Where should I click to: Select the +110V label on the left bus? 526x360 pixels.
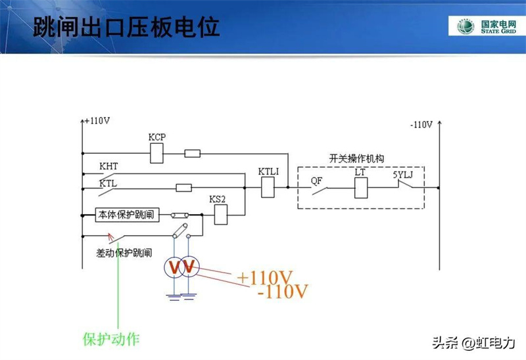point(97,121)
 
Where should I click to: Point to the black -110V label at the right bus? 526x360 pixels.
point(421,124)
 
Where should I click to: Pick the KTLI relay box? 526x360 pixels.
point(268,187)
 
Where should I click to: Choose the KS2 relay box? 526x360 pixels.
point(222,214)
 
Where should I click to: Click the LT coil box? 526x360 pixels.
point(360,187)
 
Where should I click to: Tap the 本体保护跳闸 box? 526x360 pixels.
point(128,215)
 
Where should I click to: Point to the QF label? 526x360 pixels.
point(317,177)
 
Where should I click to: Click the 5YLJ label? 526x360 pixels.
point(404,175)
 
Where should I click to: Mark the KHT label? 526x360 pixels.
point(108,167)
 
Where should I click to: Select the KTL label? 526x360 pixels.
point(108,184)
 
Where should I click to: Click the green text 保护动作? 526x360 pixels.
point(111,339)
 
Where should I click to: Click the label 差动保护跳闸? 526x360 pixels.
point(124,252)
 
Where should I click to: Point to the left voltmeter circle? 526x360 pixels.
point(173,267)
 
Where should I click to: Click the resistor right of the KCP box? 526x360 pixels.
point(193,154)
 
